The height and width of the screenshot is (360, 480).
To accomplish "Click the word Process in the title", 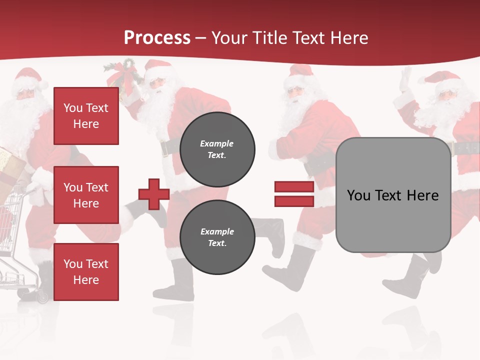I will click(x=157, y=38).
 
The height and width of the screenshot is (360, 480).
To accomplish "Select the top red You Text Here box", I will click(x=86, y=116).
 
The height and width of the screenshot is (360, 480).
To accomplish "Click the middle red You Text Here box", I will click(x=86, y=195).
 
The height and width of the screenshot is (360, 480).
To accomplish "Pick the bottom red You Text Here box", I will click(x=86, y=272).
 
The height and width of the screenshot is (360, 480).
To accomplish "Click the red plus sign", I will click(x=154, y=194).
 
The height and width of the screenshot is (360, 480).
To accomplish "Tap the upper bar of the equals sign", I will click(x=294, y=187).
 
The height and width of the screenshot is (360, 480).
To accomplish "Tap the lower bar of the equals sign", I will click(x=294, y=201).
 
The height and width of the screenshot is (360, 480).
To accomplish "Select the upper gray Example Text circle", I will click(x=217, y=149).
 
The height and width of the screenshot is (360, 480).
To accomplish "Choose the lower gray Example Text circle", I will click(x=217, y=237).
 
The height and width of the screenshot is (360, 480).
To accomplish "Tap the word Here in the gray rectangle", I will click(x=422, y=195).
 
